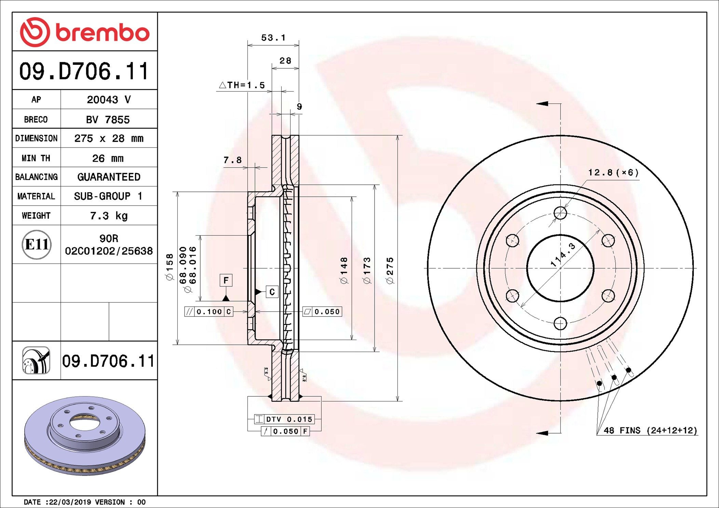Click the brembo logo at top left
pyautogui.click(x=84, y=32)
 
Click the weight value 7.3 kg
pyautogui.click(x=109, y=215)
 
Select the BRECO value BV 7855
pyautogui.click(x=108, y=119)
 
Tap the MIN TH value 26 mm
pyautogui.click(x=108, y=158)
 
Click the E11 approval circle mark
pyautogui.click(x=37, y=244)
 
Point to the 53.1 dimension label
pyautogui.click(x=273, y=38)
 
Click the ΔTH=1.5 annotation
pyautogui.click(x=242, y=85)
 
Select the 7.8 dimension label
pyautogui.click(x=232, y=160)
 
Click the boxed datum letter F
pyautogui.click(x=226, y=280)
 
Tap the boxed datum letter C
pyautogui.click(x=272, y=292)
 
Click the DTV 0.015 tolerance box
pyautogui.click(x=284, y=419)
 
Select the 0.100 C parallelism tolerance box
pyautogui.click(x=209, y=312)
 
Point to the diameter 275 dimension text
pyautogui.click(x=390, y=270)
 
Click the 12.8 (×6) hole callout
pyautogui.click(x=613, y=172)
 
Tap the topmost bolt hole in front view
pyautogui.click(x=560, y=213)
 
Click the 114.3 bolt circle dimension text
pyautogui.click(x=563, y=255)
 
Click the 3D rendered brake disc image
pyautogui.click(x=85, y=435)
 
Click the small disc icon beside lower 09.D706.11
pyautogui.click(x=36, y=360)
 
